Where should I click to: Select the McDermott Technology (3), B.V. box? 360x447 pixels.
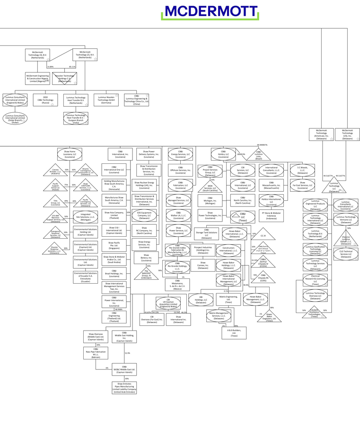click(x=38, y=55)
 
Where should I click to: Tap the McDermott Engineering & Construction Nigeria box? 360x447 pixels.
click(x=38, y=78)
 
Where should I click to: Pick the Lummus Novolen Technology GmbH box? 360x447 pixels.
click(x=106, y=99)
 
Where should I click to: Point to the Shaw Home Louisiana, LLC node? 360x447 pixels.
click(x=70, y=153)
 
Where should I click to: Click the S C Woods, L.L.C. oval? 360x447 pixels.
click(x=302, y=170)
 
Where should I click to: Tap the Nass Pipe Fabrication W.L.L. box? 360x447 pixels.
click(x=96, y=354)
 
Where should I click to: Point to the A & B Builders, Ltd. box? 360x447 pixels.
click(x=234, y=332)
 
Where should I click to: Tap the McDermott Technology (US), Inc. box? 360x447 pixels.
click(x=347, y=134)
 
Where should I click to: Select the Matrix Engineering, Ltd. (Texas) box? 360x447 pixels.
click(x=228, y=299)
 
